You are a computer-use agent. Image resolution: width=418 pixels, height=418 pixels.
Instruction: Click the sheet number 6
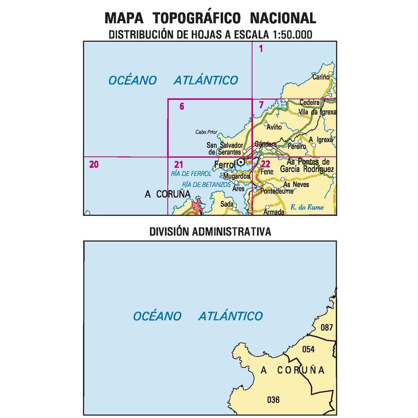(182, 106)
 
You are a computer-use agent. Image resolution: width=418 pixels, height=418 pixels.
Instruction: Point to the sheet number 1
(261, 48)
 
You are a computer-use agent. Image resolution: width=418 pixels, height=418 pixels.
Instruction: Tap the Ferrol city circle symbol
(241, 162)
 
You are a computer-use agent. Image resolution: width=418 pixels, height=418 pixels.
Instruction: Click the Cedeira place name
(309, 103)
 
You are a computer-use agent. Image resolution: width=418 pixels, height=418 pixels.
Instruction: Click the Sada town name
(227, 204)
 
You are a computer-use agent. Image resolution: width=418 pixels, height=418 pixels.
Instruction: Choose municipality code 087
(327, 328)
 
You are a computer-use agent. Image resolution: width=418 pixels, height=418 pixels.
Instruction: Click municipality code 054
(308, 349)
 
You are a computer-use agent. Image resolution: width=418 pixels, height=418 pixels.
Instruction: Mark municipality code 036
(274, 399)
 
